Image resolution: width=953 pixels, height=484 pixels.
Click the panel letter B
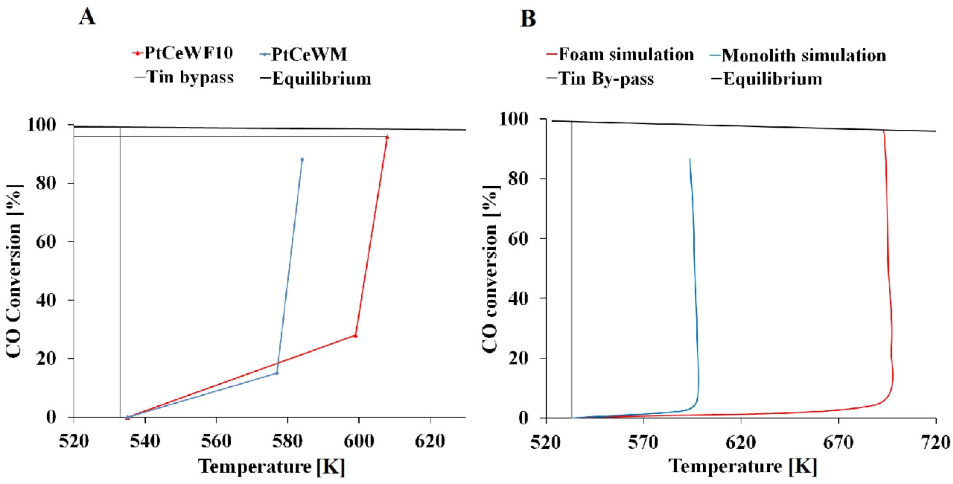coord(528,18)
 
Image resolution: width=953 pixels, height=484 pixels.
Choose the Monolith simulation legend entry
coord(798,55)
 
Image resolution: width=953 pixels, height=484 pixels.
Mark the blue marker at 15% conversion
coord(277,373)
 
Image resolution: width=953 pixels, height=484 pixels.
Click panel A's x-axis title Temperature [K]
coord(272,466)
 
